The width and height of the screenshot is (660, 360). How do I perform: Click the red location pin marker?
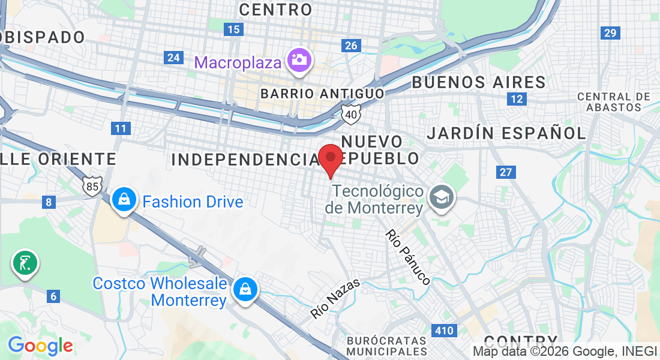click(330, 159)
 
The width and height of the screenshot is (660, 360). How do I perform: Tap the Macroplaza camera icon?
click(298, 61)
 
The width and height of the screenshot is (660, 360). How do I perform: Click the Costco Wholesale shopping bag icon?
click(245, 289)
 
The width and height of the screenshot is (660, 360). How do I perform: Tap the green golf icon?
click(25, 263)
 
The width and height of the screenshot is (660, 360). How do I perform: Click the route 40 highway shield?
click(351, 113)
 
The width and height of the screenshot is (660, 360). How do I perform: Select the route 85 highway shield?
click(92, 187)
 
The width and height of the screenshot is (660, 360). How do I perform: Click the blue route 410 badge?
click(445, 330)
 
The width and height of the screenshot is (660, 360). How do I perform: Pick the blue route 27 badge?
click(506, 172)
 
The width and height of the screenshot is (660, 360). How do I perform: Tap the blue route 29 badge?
click(611, 33)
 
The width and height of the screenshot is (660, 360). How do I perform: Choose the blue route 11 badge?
click(121, 128)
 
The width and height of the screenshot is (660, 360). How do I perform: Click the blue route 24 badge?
click(174, 58)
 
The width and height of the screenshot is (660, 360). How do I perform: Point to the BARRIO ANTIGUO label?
click(322, 94)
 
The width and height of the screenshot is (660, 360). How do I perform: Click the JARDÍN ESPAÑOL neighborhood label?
click(506, 133)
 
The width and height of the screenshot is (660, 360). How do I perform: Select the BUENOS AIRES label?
click(478, 82)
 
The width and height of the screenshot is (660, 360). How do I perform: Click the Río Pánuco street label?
click(408, 257)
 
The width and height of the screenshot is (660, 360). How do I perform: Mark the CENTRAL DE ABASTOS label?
click(613, 101)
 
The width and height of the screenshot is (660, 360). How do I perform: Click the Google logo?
click(40, 346)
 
